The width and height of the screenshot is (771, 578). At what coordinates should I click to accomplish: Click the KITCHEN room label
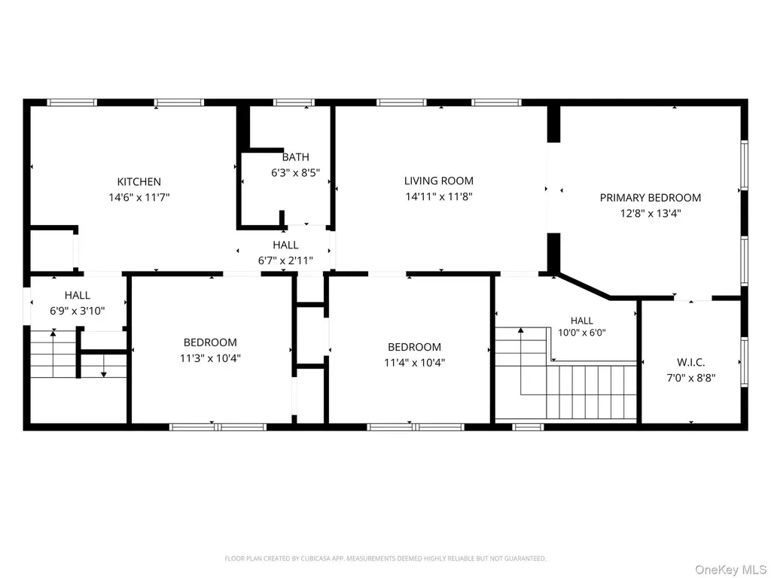click(x=139, y=182)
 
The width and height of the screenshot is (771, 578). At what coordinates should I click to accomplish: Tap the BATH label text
click(x=295, y=157)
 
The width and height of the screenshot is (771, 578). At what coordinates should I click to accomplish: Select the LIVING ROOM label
click(x=439, y=181)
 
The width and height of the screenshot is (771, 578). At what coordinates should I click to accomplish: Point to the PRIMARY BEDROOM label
click(x=650, y=198)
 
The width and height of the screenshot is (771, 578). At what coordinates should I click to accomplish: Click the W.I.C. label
click(x=691, y=363)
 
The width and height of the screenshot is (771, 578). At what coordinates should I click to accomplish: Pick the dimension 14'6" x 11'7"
click(x=139, y=198)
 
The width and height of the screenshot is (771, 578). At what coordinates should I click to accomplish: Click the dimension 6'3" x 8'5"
click(x=295, y=173)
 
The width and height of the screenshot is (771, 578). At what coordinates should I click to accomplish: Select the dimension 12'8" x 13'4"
click(x=650, y=214)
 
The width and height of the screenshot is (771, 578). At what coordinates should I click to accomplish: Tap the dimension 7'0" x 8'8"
click(x=691, y=378)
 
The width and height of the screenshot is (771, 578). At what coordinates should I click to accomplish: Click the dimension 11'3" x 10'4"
click(x=210, y=358)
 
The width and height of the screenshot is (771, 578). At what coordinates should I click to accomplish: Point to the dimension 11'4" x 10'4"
click(x=415, y=363)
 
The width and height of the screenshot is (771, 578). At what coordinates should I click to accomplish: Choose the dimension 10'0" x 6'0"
click(x=582, y=333)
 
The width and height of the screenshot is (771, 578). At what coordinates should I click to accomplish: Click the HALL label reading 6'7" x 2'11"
click(x=285, y=245)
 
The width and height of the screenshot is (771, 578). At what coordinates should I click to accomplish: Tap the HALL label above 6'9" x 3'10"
click(x=78, y=295)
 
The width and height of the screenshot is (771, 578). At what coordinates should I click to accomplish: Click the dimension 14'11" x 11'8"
click(x=439, y=196)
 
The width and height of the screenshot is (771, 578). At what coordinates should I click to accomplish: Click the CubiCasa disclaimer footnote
click(x=385, y=558)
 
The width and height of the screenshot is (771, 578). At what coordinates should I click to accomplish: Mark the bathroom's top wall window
click(x=294, y=102)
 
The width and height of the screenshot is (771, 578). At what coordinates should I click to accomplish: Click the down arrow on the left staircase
click(x=104, y=366)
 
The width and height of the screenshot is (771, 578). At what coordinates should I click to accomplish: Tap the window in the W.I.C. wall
click(x=744, y=362)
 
